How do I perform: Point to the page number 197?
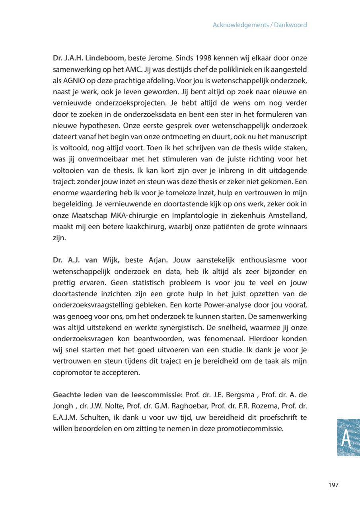point(333,485)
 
